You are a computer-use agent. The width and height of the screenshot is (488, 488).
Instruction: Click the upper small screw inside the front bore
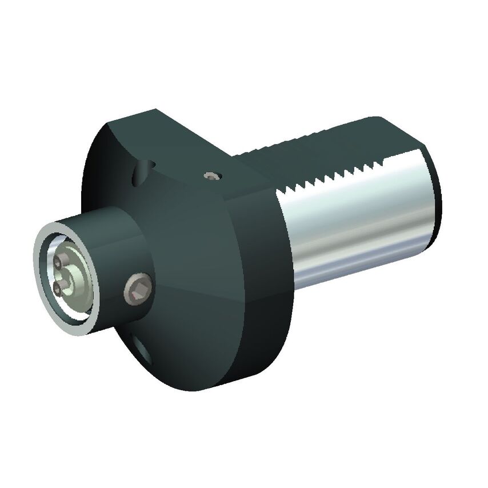[59, 262]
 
